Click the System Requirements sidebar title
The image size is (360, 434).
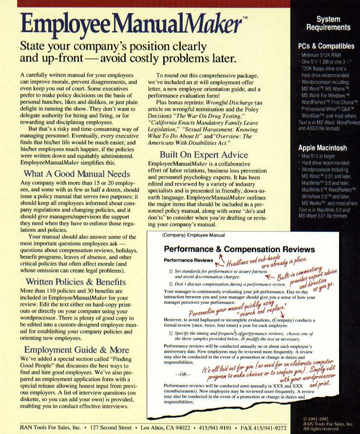(x=326, y=23)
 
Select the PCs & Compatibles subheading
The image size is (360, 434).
(x=326, y=46)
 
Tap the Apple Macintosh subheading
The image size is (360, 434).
(x=322, y=148)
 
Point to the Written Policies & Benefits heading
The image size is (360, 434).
(x=76, y=282)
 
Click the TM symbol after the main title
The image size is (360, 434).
(x=245, y=18)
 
